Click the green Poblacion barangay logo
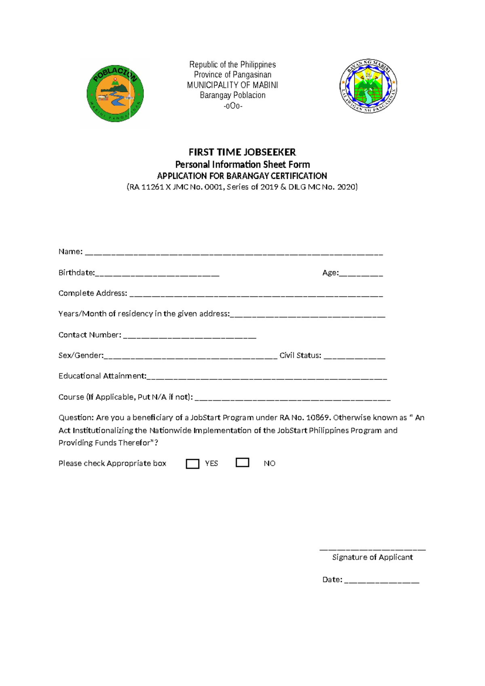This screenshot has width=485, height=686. coord(115,93)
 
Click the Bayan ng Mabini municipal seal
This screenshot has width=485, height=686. coord(368,86)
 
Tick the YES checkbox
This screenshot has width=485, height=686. coord(192,464)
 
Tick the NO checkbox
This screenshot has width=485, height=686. coord(242,462)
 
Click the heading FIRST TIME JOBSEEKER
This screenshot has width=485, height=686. coord(242,152)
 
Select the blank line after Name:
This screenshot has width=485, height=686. coord(234,254)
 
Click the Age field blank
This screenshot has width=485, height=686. coord(361,275)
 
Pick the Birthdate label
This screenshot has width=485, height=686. coord(76,273)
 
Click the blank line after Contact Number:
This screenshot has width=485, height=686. coord(190,337)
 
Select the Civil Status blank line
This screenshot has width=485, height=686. coord(354,358)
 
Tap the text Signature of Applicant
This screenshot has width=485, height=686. coord(372,557)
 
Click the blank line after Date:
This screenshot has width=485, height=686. coord(382,582)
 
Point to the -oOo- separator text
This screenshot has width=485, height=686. coord(233,106)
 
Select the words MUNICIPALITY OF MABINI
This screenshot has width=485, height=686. coord(232,85)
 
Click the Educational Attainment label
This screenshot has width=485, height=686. coord(102,376)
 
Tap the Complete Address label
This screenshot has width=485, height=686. coord(93,293)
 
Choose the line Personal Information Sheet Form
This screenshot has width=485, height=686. coord(242,165)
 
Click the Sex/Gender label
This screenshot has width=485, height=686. coord(80,356)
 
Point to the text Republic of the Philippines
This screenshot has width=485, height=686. coord(232,65)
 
